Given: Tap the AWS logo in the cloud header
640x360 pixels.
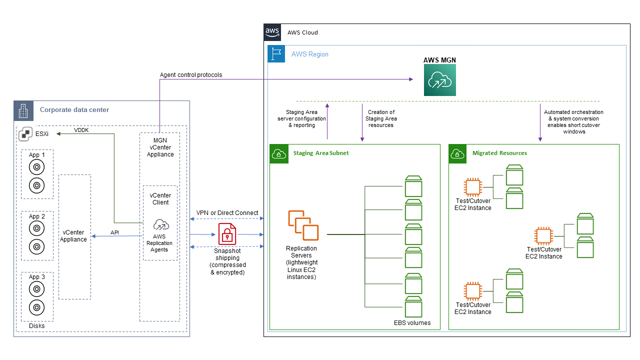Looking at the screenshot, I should pyautogui.click(x=272, y=32).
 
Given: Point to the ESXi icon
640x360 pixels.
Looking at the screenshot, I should pyautogui.click(x=26, y=134).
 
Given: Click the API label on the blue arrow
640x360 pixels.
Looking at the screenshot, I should pyautogui.click(x=114, y=232).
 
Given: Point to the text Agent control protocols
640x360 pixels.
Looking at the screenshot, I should pyautogui.click(x=191, y=75).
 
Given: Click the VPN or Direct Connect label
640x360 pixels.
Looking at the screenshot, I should pyautogui.click(x=227, y=212).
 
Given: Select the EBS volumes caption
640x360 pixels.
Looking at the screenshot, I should pyautogui.click(x=412, y=322).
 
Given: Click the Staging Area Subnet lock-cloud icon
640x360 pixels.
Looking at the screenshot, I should pyautogui.click(x=278, y=153).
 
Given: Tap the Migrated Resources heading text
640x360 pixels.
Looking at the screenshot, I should pyautogui.click(x=499, y=153).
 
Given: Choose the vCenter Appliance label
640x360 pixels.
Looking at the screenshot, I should pyautogui.click(x=74, y=236).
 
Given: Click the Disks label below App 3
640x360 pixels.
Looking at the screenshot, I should pyautogui.click(x=36, y=325).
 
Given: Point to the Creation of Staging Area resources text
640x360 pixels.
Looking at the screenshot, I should pyautogui.click(x=381, y=118).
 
